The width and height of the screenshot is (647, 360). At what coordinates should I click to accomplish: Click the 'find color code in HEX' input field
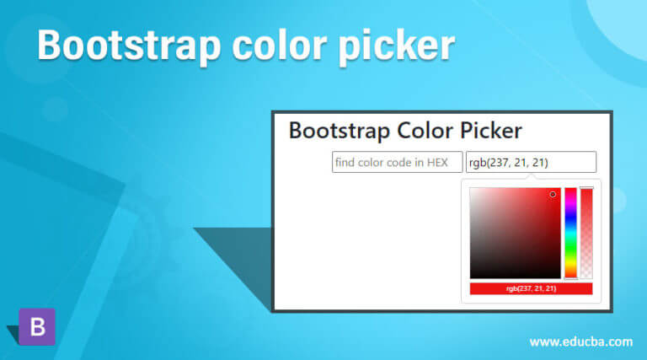pos(397,162)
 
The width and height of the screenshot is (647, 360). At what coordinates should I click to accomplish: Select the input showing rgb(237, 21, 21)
pos(531,162)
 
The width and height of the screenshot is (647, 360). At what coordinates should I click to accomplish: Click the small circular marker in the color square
pos(553,194)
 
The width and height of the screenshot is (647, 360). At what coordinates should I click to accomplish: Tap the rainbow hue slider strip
pos(570,232)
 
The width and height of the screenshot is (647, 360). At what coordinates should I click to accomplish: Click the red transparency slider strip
pos(586,232)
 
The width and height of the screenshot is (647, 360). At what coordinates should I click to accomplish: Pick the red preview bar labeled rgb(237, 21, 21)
pos(531,288)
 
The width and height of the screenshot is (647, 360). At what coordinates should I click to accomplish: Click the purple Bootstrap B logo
pos(37,326)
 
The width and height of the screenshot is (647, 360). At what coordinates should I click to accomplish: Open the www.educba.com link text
pos(580,341)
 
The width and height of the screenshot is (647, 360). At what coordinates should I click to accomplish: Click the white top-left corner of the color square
pos(473,191)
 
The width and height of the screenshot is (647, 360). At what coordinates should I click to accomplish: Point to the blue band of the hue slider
pos(570,217)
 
